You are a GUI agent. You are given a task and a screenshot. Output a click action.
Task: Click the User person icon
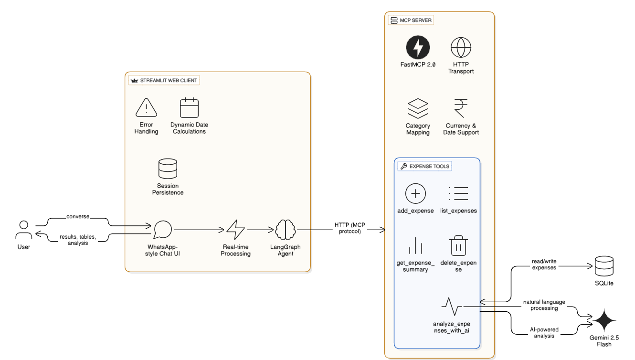click(x=24, y=230)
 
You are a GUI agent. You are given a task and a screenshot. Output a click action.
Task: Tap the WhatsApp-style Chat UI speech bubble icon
click(x=163, y=230)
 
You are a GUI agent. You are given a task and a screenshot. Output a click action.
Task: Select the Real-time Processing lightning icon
click(x=235, y=230)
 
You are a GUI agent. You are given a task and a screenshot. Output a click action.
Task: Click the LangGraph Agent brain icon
click(x=286, y=230)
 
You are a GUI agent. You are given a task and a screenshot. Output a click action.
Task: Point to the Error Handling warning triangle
click(x=146, y=108)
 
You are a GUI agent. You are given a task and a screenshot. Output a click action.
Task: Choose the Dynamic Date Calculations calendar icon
click(x=189, y=108)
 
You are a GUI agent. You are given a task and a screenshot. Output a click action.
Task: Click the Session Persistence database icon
click(x=168, y=169)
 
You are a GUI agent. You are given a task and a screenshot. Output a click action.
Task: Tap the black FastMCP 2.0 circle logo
click(x=418, y=47)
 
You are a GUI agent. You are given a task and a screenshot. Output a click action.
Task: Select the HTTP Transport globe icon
click(x=461, y=47)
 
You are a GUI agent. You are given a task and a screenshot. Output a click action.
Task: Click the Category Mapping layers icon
click(x=418, y=108)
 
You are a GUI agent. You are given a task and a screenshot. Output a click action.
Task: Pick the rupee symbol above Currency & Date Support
click(x=461, y=108)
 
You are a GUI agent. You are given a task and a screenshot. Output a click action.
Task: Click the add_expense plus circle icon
click(x=415, y=193)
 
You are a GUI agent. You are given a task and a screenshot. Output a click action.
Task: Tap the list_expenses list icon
click(x=458, y=193)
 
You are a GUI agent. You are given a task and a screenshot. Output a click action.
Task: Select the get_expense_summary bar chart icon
click(x=415, y=246)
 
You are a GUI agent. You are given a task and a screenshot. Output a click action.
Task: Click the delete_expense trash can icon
click(x=458, y=246)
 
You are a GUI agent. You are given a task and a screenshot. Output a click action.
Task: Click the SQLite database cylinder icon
click(x=604, y=266)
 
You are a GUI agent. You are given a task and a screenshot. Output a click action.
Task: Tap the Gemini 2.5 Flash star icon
click(x=604, y=320)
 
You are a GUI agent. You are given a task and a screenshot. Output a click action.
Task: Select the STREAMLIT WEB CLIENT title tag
click(x=164, y=80)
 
